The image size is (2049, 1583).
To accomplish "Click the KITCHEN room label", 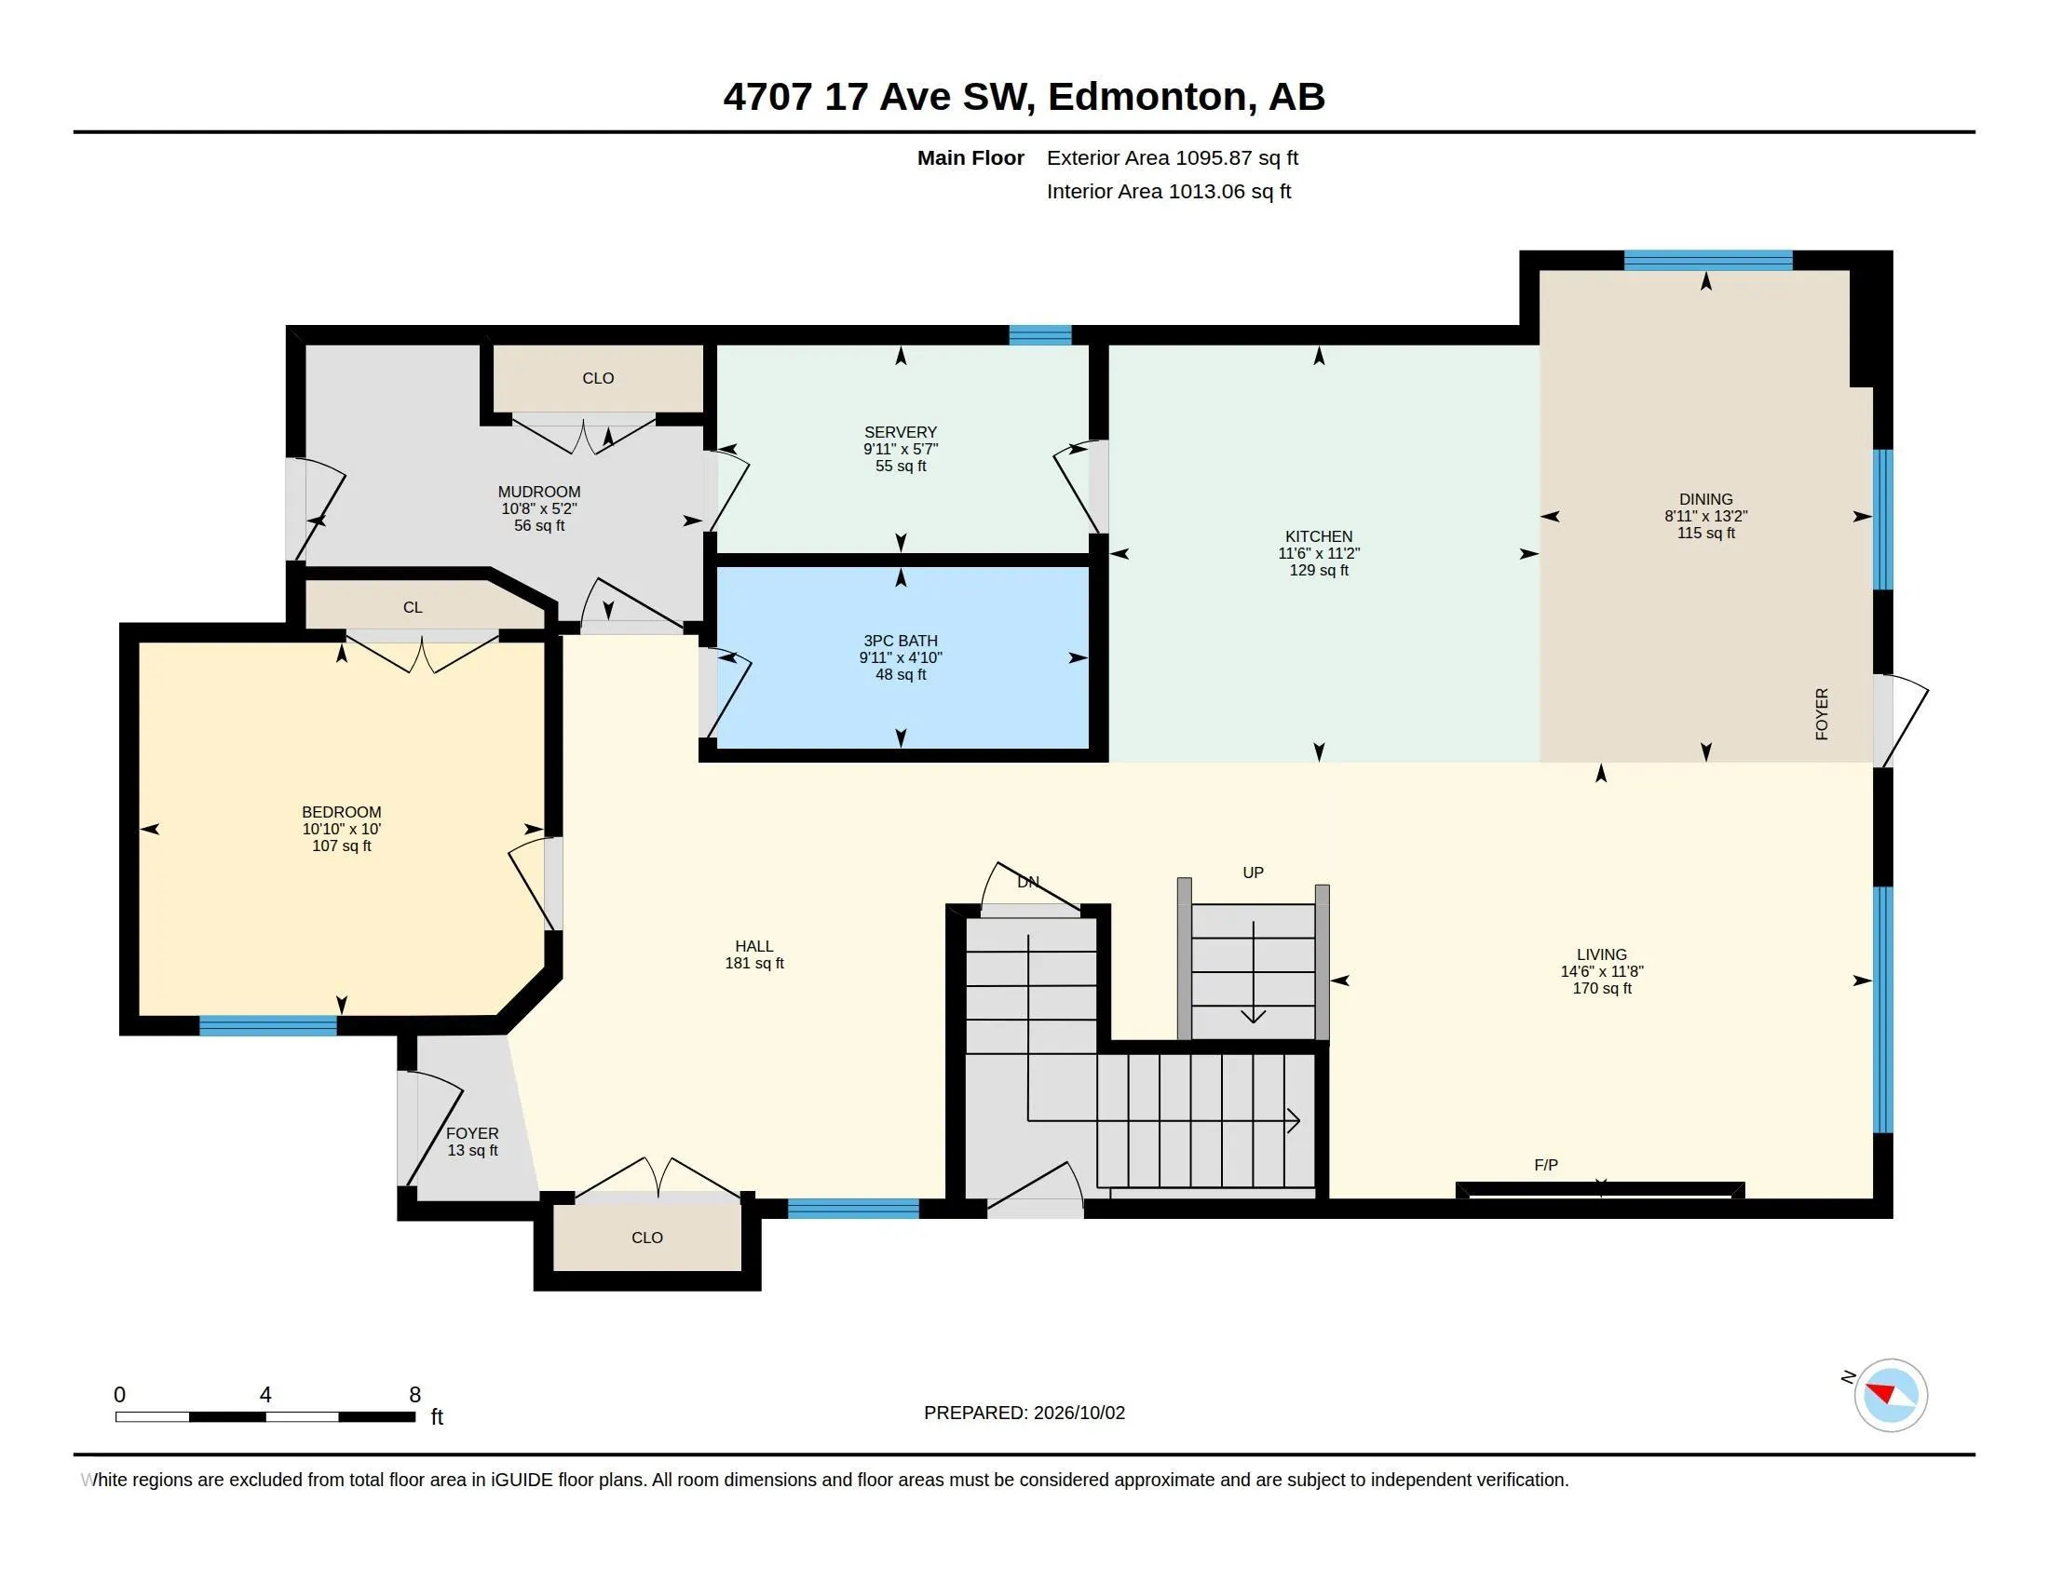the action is point(1318,536).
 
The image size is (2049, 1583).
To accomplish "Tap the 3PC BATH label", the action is point(901,641).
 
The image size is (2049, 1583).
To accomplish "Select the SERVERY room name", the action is point(901,432).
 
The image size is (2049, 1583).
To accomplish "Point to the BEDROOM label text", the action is point(342,812).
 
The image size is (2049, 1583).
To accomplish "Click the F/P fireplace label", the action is point(1546,1165).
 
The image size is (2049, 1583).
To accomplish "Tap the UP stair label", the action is point(1254,873).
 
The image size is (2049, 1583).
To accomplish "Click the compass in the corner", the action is point(1890,1395).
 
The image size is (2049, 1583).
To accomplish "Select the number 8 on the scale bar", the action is point(414,1395).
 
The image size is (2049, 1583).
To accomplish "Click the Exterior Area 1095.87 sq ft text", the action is point(1173,157).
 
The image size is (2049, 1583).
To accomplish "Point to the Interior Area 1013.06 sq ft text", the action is point(1169,191).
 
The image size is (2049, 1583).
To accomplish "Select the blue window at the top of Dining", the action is point(1708,261).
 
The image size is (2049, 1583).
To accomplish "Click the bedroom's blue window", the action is point(268,1026).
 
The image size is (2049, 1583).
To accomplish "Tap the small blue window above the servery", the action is point(1040,335).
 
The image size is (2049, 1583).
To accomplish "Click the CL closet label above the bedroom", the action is point(413,608).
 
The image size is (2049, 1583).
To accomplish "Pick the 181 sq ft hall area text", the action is point(754,963).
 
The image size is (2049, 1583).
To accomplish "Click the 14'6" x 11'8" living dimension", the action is point(1602,971).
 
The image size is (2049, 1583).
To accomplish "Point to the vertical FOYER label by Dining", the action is point(1822,714).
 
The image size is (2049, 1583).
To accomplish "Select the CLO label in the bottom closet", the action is point(647,1238).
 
